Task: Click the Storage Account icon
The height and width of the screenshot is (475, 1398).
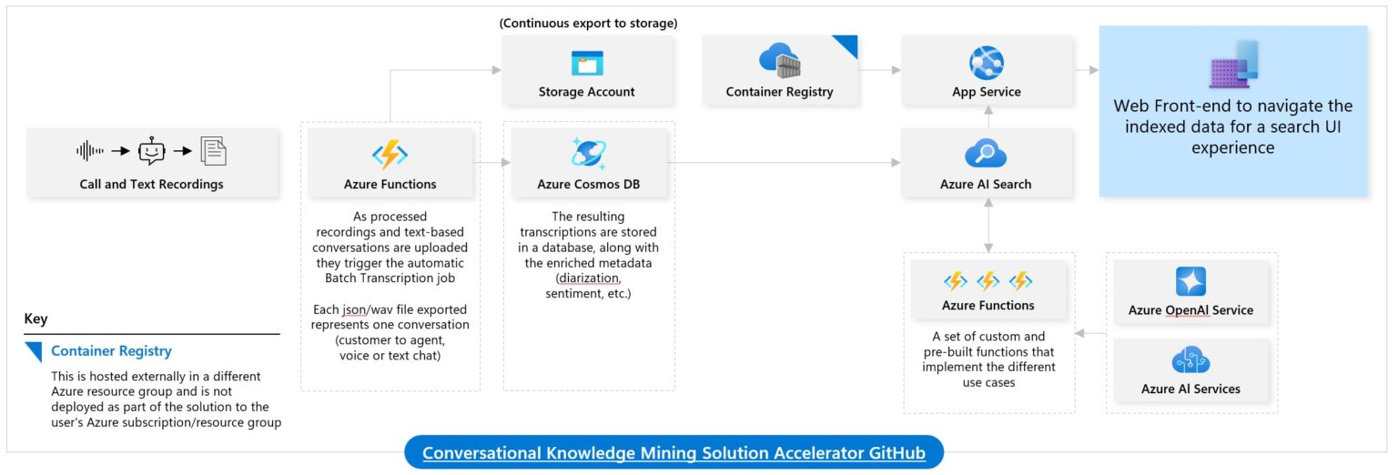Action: point(587,63)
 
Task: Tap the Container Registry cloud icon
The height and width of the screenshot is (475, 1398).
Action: point(779,61)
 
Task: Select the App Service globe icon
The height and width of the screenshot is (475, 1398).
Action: point(986,63)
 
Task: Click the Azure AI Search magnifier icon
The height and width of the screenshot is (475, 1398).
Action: point(986,154)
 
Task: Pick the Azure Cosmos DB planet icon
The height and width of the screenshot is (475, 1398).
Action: point(588,153)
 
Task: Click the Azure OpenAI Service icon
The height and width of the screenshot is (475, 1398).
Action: point(1190,281)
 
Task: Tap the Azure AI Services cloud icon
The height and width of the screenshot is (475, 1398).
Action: point(1190,360)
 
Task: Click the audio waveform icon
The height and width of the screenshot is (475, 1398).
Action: point(90,150)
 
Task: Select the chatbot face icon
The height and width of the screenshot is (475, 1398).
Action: point(152,150)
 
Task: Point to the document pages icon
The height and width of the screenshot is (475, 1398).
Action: point(214,151)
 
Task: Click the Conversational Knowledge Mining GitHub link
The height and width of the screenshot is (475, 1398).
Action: point(674,452)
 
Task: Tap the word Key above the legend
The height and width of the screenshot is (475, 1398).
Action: point(35,319)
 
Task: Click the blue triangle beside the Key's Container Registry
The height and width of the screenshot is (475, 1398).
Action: point(35,351)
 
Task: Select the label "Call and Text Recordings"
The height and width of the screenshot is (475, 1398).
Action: point(151,184)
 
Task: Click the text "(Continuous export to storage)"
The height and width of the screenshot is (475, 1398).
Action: point(588,23)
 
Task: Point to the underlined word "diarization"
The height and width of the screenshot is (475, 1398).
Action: point(588,278)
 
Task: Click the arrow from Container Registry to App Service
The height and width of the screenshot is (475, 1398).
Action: point(879,70)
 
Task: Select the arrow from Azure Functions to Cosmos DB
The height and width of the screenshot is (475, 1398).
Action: point(491,163)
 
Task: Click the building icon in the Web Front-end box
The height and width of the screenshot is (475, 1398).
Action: point(1234,65)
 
